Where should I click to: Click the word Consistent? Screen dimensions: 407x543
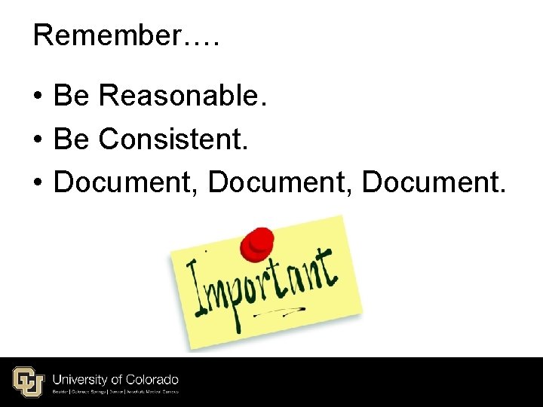coord(173,139)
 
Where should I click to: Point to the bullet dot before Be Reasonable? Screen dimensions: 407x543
coord(37,97)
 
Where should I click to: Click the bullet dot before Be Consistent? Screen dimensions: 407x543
coord(37,140)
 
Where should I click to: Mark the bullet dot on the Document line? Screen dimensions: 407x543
coord(37,182)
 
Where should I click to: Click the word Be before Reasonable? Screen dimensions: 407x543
coord(72,96)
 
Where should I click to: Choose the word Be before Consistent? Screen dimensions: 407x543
coord(72,139)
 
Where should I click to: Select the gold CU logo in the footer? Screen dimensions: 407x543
coord(29,381)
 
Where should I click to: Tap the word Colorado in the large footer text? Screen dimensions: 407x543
coord(152,379)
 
